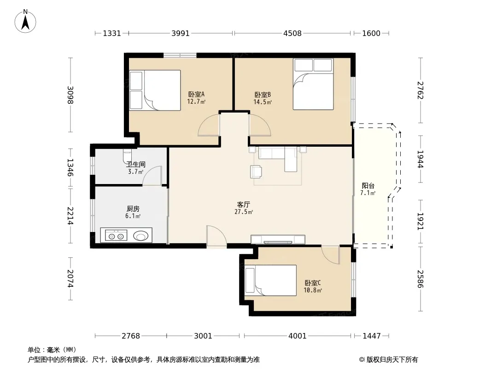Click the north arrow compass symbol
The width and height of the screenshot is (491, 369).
[25, 21]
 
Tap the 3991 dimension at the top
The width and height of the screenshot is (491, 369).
[181, 33]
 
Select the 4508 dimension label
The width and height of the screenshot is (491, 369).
[292, 33]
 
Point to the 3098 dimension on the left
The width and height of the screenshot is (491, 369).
[70, 95]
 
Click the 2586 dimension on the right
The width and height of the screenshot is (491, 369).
[420, 279]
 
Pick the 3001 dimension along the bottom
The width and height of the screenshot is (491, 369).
[203, 336]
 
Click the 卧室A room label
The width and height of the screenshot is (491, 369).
[196, 94]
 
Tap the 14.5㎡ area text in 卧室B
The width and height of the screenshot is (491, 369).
[263, 102]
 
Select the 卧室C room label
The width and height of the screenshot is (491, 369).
[312, 283]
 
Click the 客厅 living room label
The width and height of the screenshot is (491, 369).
[243, 205]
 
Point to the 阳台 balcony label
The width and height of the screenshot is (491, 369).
[368, 185]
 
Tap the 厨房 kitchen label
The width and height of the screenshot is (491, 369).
[133, 209]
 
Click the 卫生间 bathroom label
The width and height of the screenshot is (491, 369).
[135, 164]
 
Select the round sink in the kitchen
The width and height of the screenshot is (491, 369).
[141, 235]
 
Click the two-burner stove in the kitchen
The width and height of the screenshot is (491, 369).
[116, 235]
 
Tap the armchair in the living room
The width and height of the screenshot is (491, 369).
[256, 172]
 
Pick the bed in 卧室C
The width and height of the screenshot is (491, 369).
[270, 280]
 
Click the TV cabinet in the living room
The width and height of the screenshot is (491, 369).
[278, 239]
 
